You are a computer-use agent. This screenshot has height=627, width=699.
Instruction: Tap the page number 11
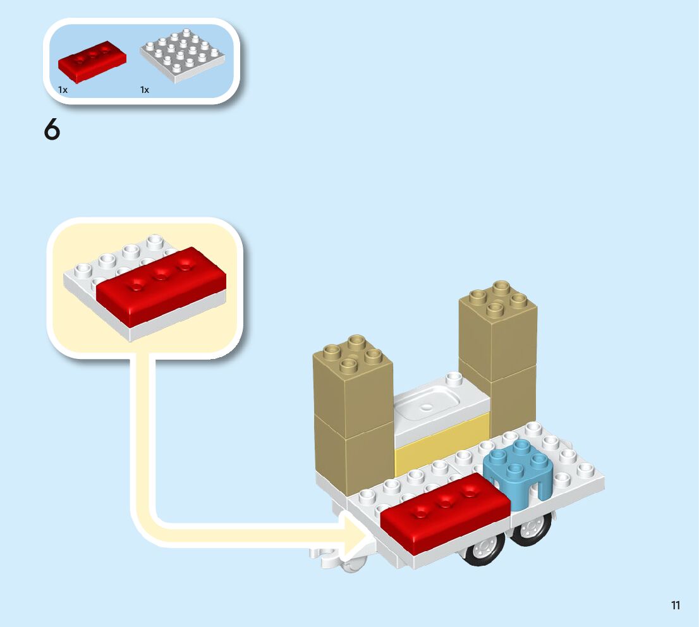(676, 606)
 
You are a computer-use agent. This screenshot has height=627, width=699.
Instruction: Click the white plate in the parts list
(182, 57)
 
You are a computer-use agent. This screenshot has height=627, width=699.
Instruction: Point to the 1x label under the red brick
(63, 90)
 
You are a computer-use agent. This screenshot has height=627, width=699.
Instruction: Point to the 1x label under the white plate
(145, 90)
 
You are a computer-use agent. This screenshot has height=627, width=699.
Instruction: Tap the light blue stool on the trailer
(518, 475)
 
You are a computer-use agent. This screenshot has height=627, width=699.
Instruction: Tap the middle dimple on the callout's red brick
(161, 273)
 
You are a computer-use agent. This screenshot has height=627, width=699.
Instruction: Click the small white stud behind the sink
(453, 379)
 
